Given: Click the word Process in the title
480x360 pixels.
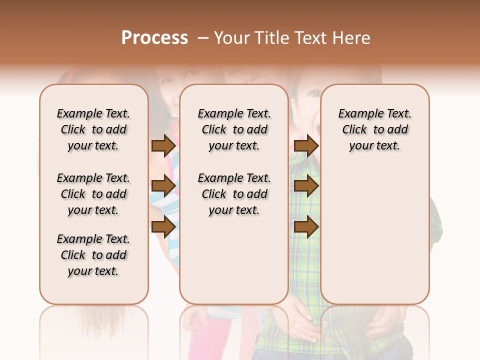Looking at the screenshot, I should tap(154, 38).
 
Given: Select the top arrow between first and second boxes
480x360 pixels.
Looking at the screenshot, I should tap(163, 146).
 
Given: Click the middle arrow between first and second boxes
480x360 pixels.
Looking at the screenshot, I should tap(163, 186).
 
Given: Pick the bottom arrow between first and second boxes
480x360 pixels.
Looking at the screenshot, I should tap(163, 226).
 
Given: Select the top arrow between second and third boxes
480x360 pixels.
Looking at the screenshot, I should tap(306, 146).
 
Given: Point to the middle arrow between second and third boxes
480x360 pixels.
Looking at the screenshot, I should tap(306, 186).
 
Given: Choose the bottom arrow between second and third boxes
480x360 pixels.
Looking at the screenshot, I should tap(306, 226).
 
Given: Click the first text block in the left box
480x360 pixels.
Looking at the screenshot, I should tap(93, 129).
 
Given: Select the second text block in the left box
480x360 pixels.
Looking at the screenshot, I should tap(93, 194).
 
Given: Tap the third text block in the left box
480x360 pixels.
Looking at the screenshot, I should tap(93, 255).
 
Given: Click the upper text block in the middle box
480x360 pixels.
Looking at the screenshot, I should tap(234, 129).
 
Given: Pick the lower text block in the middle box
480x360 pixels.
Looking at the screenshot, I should tap(234, 194).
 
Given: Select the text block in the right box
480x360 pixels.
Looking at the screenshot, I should tap(374, 129).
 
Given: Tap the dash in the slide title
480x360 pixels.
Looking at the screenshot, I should tap(203, 38).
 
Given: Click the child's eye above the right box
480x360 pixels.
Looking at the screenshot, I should tap(314, 93).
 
